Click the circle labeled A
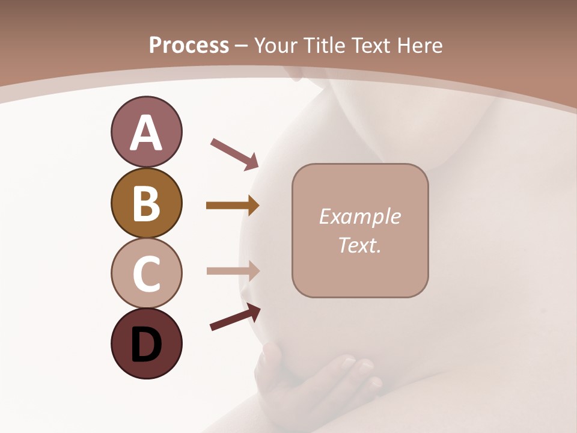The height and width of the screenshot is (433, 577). [x=146, y=132]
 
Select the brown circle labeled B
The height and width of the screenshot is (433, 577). [x=146, y=203]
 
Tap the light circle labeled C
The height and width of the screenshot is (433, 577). [x=146, y=273]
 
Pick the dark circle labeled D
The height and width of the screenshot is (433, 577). [x=146, y=343]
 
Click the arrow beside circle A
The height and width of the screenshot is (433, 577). [x=234, y=153]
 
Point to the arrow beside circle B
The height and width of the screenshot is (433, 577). [x=233, y=206]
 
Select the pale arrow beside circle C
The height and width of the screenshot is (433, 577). [x=233, y=271]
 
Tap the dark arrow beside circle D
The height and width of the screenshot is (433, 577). [x=235, y=317]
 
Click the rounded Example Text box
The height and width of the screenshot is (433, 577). [x=360, y=230]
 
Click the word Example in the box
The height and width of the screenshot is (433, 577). [x=360, y=216]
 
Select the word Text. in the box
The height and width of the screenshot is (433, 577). [x=360, y=245]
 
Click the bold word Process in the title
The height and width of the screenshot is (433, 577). [x=189, y=45]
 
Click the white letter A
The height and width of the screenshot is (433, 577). [x=146, y=133]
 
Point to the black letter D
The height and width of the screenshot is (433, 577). [x=146, y=345]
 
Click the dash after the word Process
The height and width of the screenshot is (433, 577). [x=242, y=46]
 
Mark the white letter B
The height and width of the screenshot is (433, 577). [x=146, y=204]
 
